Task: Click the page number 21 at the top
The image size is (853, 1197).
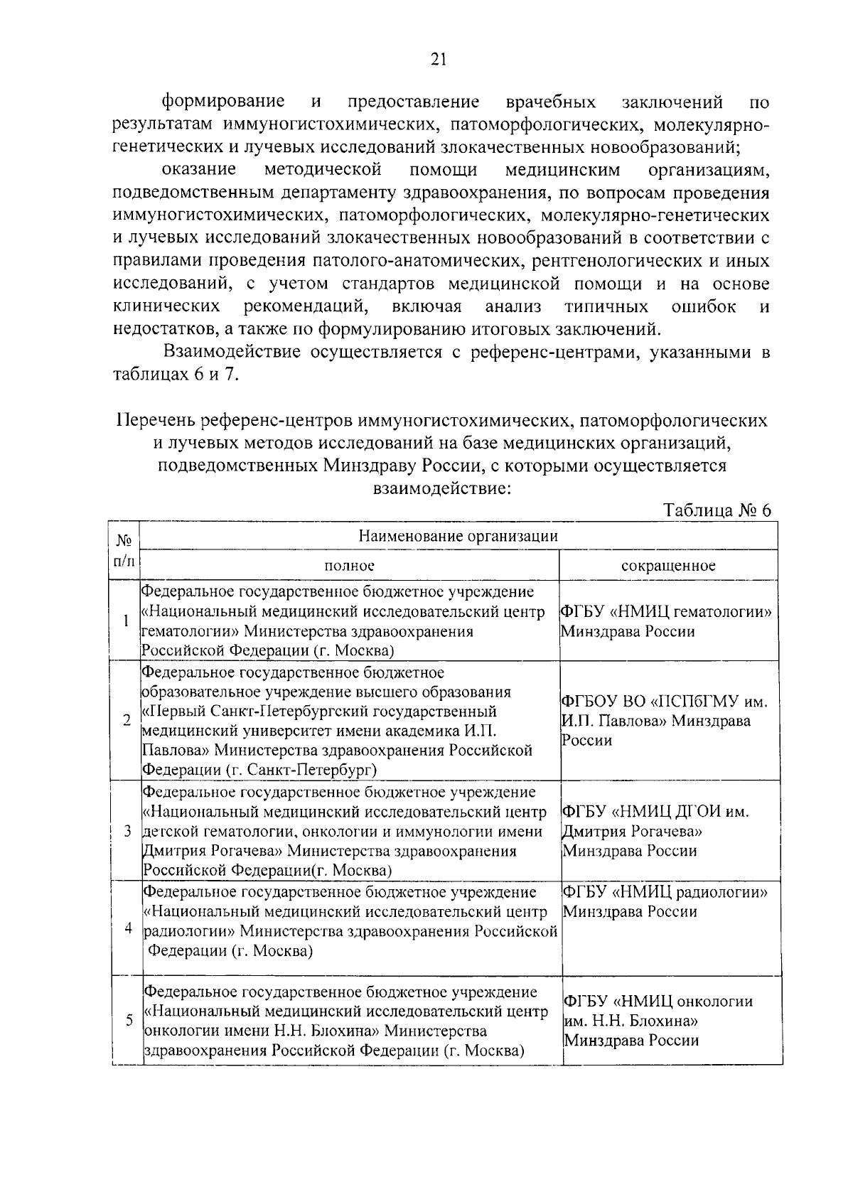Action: click(x=437, y=59)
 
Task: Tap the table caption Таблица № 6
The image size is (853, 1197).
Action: click(x=717, y=510)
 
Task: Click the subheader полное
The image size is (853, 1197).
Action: click(x=349, y=566)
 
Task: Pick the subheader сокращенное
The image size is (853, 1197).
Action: click(x=667, y=566)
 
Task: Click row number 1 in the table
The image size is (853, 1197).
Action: click(x=125, y=621)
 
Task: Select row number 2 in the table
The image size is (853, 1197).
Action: click(x=126, y=720)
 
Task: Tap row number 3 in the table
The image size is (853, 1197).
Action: click(x=127, y=830)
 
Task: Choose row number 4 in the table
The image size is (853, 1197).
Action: click(x=128, y=928)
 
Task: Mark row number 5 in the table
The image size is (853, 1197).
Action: click(x=129, y=1020)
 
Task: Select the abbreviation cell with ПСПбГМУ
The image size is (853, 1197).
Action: click(x=665, y=721)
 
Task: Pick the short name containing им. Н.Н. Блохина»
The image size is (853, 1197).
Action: click(x=658, y=1021)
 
